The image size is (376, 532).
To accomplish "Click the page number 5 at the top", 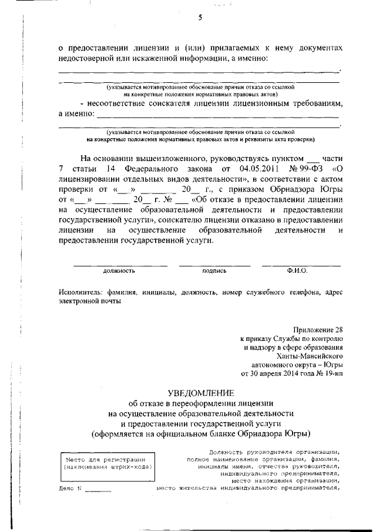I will [200, 18].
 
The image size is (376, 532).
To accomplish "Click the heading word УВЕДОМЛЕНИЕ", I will [200, 392].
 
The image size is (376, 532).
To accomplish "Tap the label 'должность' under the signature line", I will [119, 271].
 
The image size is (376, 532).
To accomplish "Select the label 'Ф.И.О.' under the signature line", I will [297, 271].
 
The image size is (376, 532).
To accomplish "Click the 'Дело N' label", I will [70, 488].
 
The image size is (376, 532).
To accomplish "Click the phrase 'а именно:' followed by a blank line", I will [76, 113].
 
